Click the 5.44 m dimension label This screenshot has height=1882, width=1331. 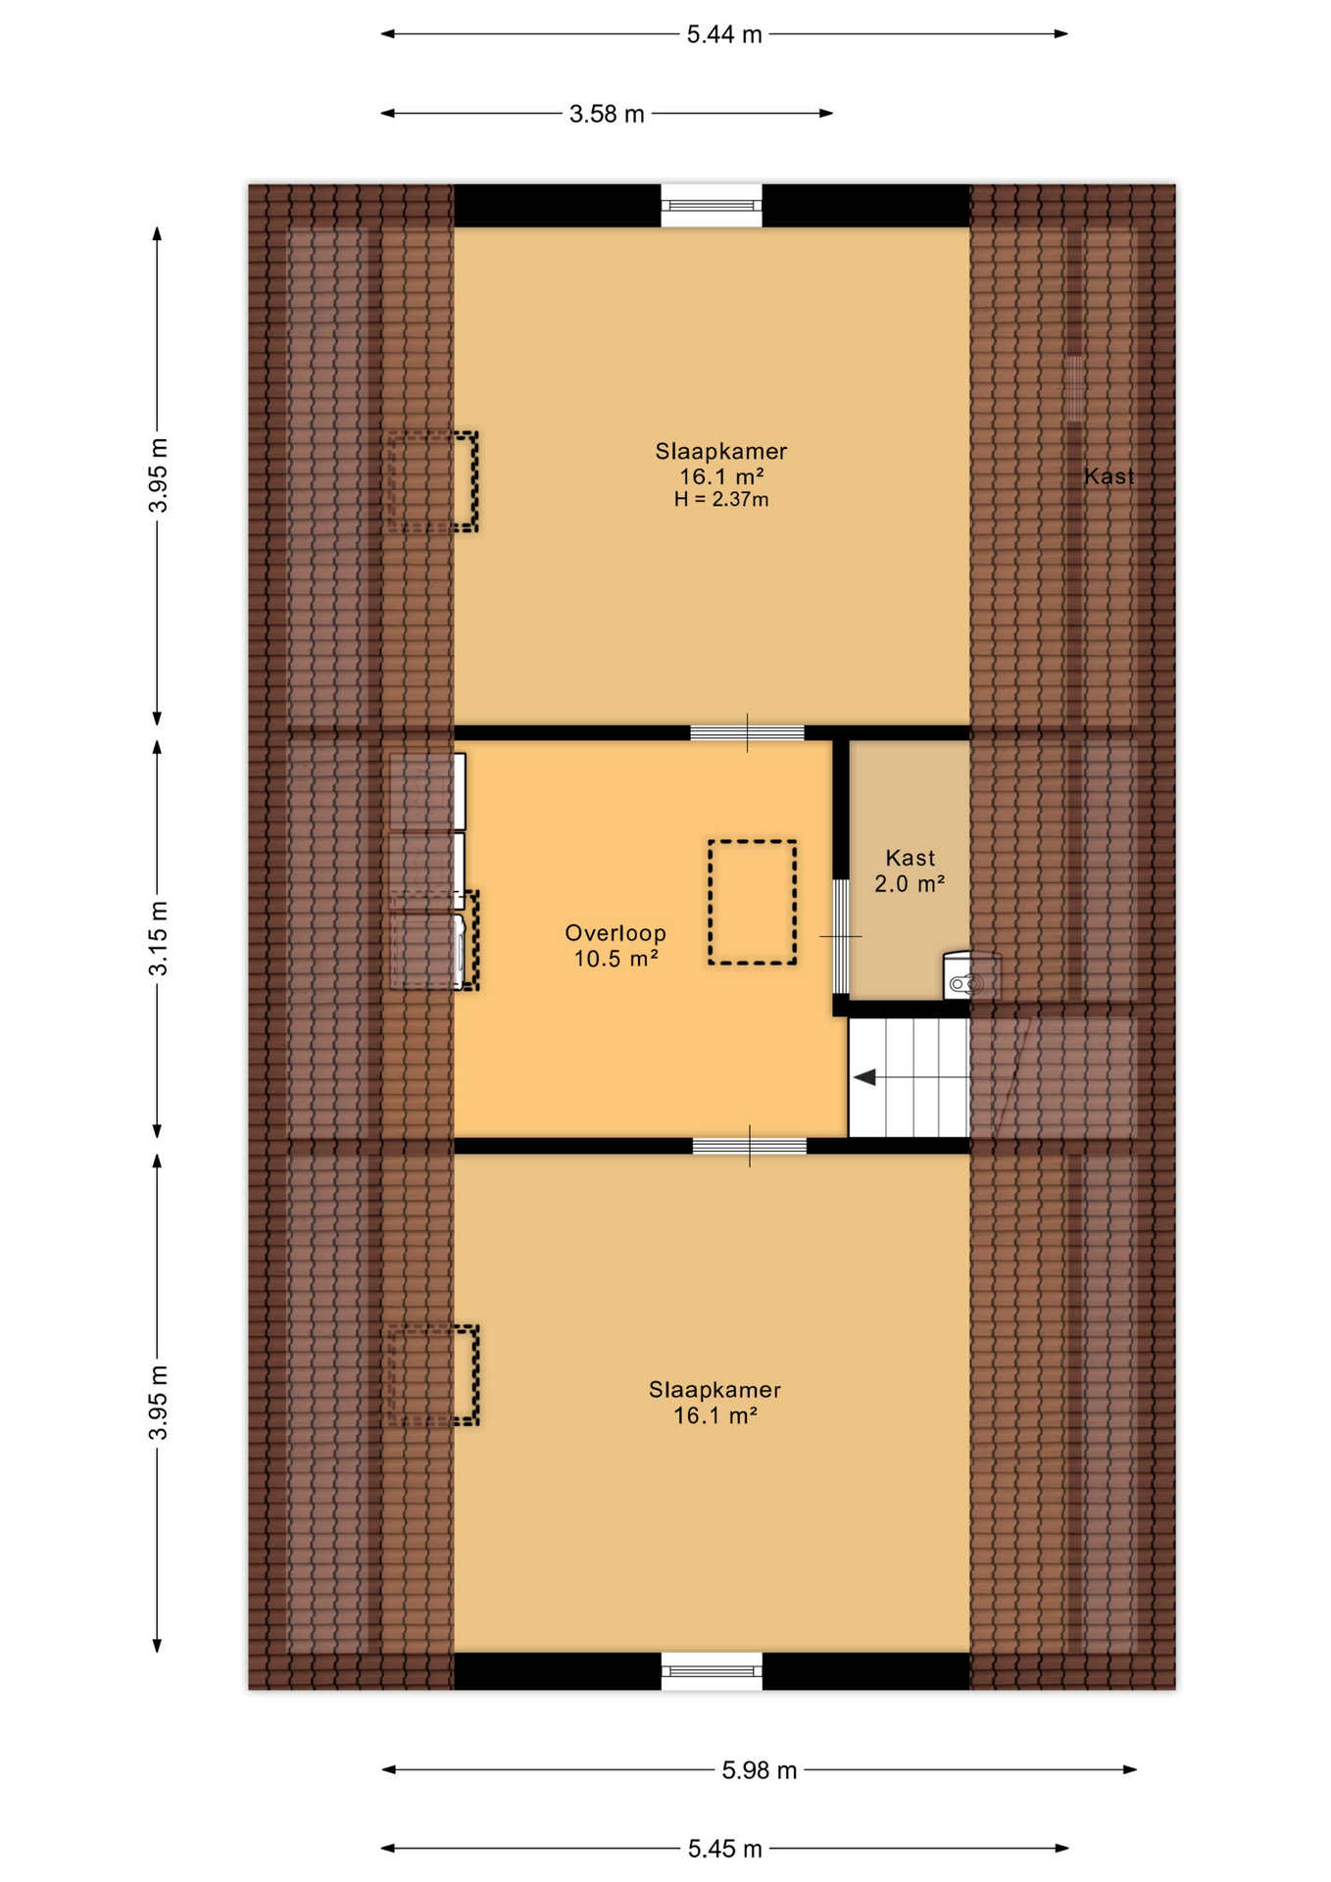pos(723,35)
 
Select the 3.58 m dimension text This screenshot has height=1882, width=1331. pos(607,114)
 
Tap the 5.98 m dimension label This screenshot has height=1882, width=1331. pos(759,1770)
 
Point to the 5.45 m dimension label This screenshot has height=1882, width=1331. pos(724,1849)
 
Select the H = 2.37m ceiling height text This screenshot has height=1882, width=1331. pos(720,500)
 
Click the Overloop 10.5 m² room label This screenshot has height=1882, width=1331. pos(616,946)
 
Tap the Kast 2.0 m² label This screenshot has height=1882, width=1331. pos(910,870)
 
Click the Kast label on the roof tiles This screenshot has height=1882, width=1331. pos(1109,477)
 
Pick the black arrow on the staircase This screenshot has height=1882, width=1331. pos(864,1077)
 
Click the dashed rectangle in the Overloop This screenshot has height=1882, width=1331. pos(752,903)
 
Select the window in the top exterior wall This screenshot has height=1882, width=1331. pos(711,206)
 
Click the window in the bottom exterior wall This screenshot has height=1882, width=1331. pos(712,1671)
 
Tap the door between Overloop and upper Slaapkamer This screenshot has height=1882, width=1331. pos(747,733)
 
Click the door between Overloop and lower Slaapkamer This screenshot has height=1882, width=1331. pos(750,1146)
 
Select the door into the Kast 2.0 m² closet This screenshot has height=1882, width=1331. pos(840,937)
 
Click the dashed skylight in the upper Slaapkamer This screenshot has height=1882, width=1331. pos(431,482)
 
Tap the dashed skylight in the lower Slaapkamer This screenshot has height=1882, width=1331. pos(431,1375)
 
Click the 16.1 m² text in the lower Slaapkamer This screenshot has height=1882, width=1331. pos(715,1415)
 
